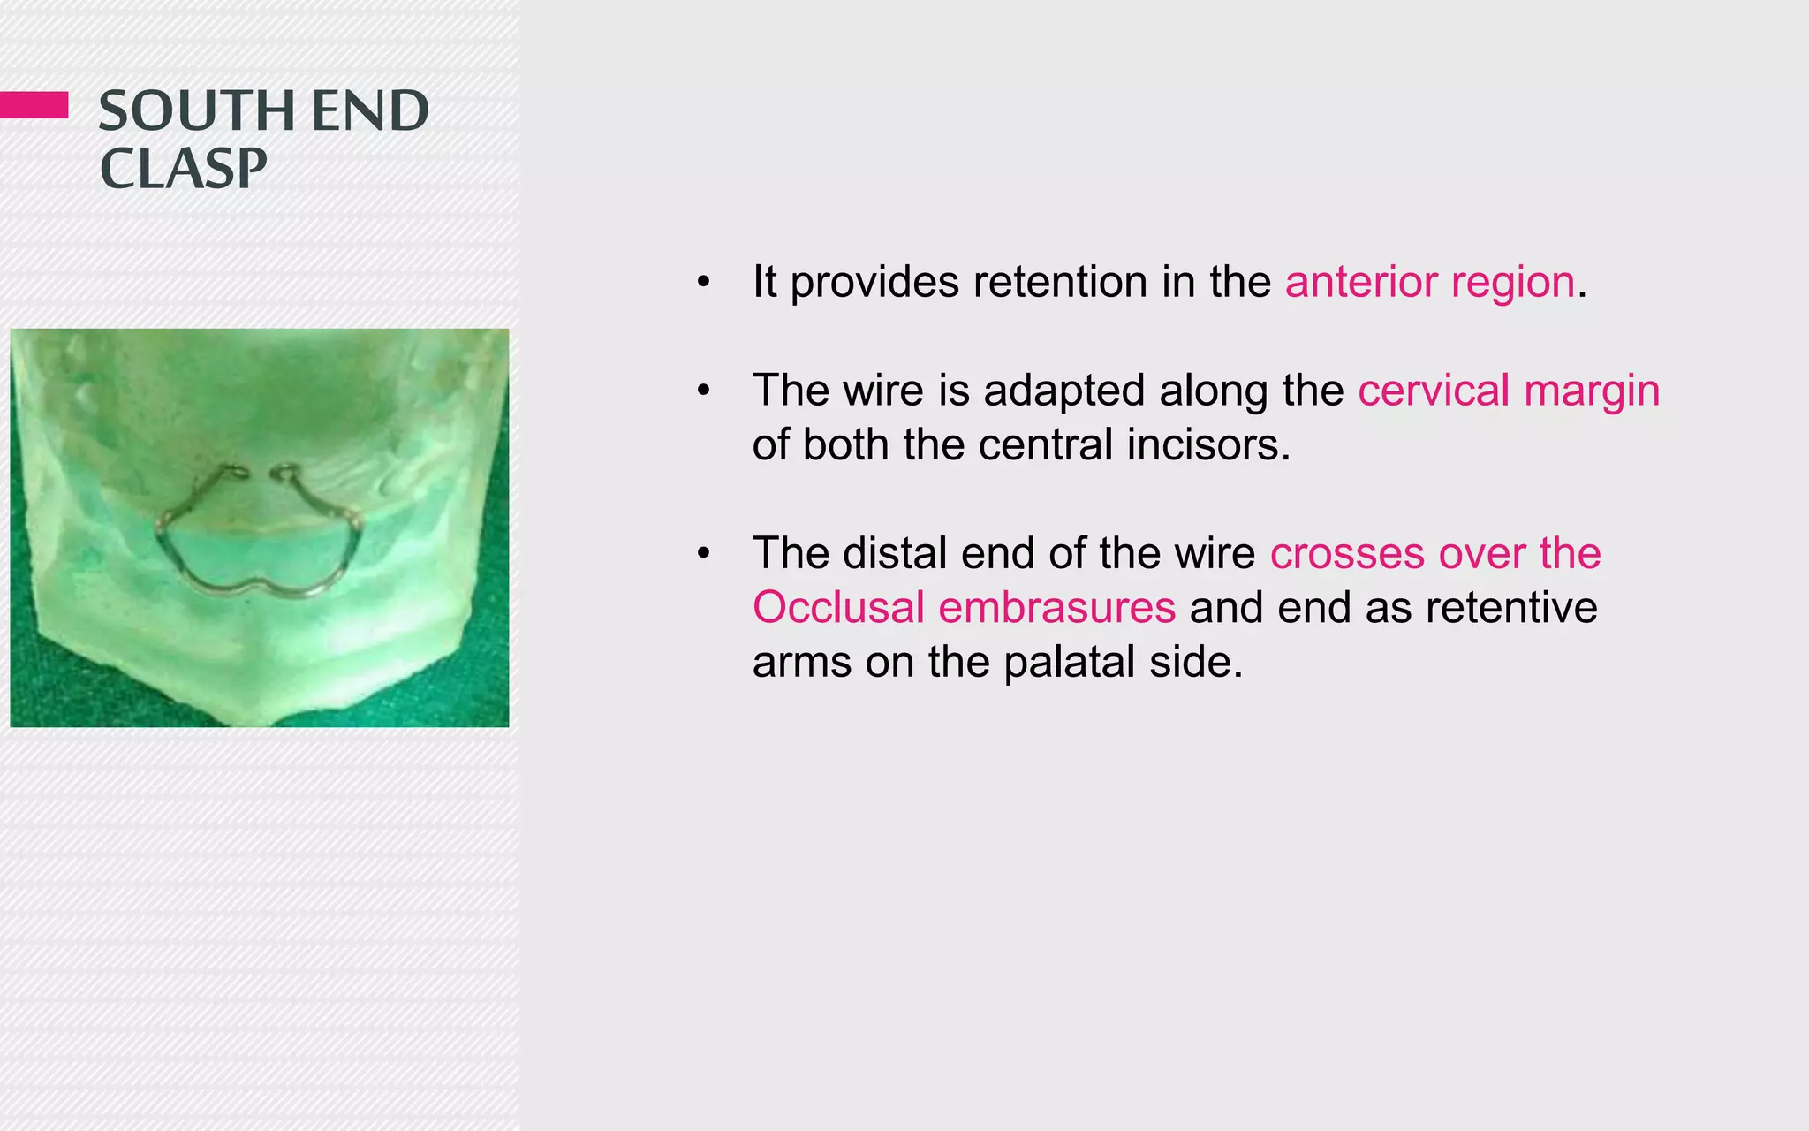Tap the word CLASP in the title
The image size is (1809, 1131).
click(x=183, y=169)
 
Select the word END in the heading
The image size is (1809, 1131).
click(x=370, y=111)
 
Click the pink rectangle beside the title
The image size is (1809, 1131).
click(x=34, y=104)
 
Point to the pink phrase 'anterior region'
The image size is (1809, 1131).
click(x=1429, y=283)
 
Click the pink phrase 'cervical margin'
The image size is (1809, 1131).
click(x=1508, y=391)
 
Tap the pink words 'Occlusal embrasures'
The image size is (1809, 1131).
click(x=964, y=608)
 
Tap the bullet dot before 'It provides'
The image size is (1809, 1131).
click(x=703, y=284)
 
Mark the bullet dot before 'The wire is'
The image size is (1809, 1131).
click(x=703, y=391)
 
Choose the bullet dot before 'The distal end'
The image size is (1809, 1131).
click(x=703, y=554)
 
